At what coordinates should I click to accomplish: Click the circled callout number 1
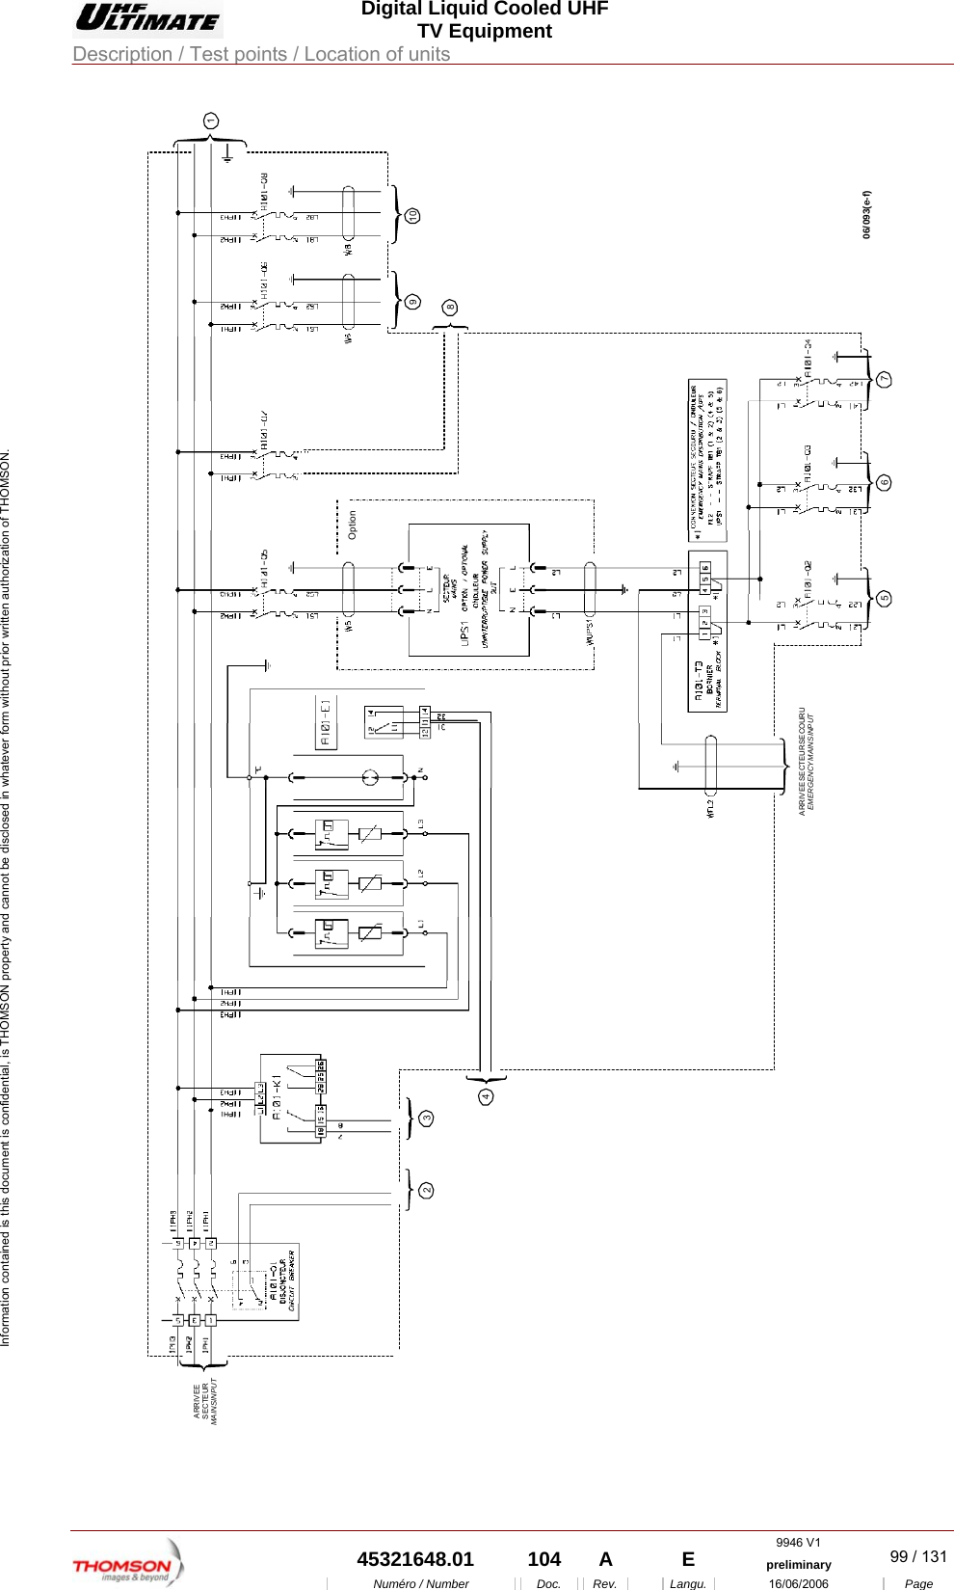pyautogui.click(x=211, y=121)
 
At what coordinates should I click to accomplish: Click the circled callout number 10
pyautogui.click(x=412, y=216)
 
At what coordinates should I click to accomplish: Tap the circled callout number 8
pyautogui.click(x=450, y=308)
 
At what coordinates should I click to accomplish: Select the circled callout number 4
pyautogui.click(x=487, y=1097)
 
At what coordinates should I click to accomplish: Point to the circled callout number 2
pyautogui.click(x=426, y=1191)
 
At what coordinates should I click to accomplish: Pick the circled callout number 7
pyautogui.click(x=884, y=380)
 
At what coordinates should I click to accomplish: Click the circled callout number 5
pyautogui.click(x=884, y=598)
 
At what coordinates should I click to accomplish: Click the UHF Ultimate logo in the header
pyautogui.click(x=148, y=18)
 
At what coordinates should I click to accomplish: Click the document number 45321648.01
pyautogui.click(x=415, y=1559)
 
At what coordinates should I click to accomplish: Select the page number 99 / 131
pyautogui.click(x=917, y=1556)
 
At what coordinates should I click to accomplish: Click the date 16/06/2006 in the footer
pyautogui.click(x=798, y=1583)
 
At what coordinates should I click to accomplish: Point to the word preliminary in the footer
pyautogui.click(x=798, y=1565)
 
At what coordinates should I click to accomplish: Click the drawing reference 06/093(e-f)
pyautogui.click(x=867, y=214)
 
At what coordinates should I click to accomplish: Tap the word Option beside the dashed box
pyautogui.click(x=352, y=525)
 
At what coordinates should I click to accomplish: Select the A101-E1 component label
pyautogui.click(x=326, y=722)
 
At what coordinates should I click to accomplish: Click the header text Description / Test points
pyautogui.click(x=261, y=54)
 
